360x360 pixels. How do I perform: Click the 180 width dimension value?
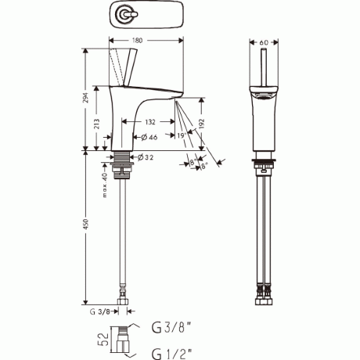tap(137, 41)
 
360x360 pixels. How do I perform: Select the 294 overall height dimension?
tap(86, 98)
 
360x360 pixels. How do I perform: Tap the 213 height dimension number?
tap(96, 124)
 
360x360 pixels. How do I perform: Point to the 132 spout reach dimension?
tap(150, 122)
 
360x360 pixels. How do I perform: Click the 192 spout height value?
tap(201, 124)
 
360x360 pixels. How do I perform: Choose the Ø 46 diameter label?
tap(149, 137)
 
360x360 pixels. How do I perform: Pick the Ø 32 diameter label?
tap(146, 157)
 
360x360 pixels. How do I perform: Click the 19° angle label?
tap(182, 135)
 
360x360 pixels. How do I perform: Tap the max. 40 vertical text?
tap(104, 185)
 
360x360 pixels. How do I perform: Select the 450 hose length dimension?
tap(86, 225)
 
